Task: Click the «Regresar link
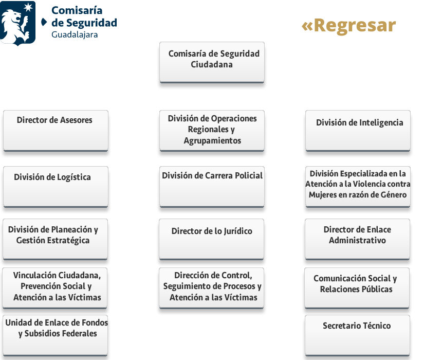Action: (348, 26)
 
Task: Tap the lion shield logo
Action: (17, 23)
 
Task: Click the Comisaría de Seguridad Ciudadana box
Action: (212, 62)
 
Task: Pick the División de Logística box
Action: (56, 187)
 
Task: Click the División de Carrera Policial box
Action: (212, 187)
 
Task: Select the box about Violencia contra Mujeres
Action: (358, 187)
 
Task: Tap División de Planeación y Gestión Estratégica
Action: (55, 239)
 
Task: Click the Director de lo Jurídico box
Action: (211, 239)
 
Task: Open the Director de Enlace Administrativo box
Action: (357, 239)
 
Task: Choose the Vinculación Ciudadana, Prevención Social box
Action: (54, 288)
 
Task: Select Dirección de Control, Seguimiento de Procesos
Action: (211, 288)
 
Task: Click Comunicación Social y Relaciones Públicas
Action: (357, 288)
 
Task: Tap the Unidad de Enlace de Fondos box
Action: (56, 335)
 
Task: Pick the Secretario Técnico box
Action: (357, 335)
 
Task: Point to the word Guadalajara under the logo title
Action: (75, 34)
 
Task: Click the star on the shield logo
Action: (28, 7)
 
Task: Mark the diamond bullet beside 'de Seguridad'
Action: (44, 22)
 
